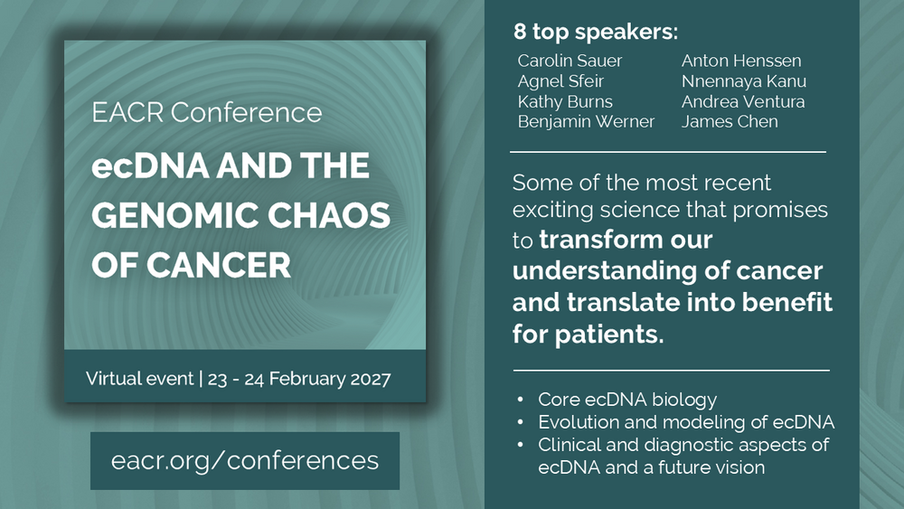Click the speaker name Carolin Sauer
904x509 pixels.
(570, 61)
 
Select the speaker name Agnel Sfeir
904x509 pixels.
(560, 81)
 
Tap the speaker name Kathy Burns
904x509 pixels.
(565, 101)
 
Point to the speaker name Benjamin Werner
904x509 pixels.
(586, 122)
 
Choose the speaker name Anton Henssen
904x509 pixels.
(741, 61)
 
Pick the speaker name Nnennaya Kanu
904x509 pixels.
(744, 81)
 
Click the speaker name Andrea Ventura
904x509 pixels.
(743, 101)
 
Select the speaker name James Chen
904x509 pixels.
(730, 122)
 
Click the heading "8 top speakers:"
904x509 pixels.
(596, 32)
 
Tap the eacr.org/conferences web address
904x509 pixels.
(245, 460)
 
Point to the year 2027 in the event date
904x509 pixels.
(371, 379)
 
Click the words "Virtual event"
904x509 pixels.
(139, 378)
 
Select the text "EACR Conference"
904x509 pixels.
(207, 112)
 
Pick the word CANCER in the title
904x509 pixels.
(219, 266)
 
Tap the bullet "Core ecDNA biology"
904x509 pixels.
(627, 399)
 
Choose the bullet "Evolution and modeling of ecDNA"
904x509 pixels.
(686, 422)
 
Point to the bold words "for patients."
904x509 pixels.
(589, 334)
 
